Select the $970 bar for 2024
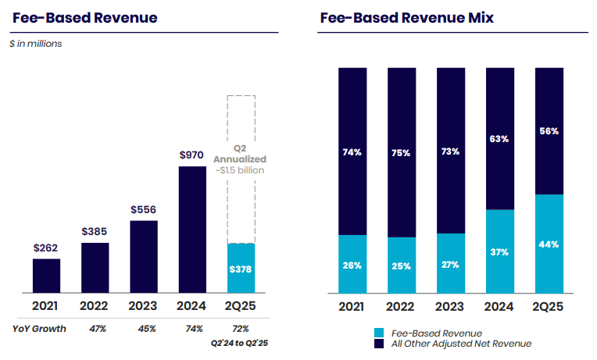(192, 230)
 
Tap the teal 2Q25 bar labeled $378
(241, 269)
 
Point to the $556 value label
(143, 209)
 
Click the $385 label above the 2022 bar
(95, 232)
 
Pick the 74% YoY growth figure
(192, 329)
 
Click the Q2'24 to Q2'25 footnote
(241, 342)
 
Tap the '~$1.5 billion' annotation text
(241, 170)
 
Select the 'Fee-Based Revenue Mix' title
(395, 17)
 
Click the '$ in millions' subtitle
(36, 44)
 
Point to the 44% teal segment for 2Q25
(549, 244)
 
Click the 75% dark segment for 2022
(402, 152)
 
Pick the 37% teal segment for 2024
(499, 251)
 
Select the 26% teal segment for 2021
(352, 265)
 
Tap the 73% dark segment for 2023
(451, 151)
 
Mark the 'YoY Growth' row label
(39, 329)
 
